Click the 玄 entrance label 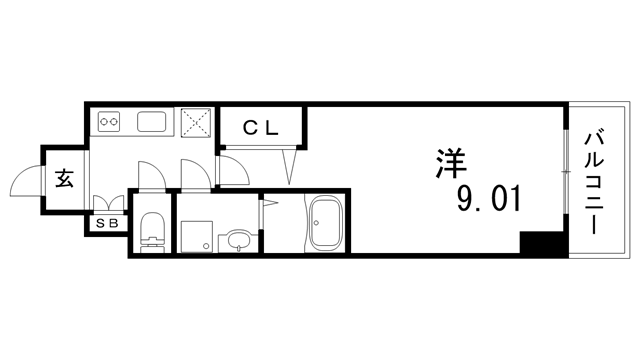pyautogui.click(x=63, y=181)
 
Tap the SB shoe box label pyautogui.click(x=107, y=224)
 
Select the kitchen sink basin pyautogui.click(x=154, y=123)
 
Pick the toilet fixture pyautogui.click(x=152, y=231)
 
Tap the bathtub pyautogui.click(x=327, y=225)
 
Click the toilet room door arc pyautogui.click(x=148, y=172)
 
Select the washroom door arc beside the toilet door pyautogui.click(x=192, y=171)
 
